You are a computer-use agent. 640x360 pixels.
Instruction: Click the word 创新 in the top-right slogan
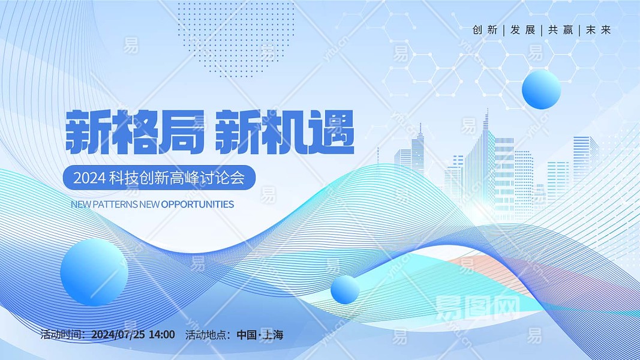click(485, 30)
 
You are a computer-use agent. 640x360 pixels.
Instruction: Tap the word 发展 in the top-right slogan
click(523, 30)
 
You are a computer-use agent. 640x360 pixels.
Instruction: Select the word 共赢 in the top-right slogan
click(561, 30)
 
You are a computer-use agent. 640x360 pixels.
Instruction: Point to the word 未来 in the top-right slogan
click(599, 30)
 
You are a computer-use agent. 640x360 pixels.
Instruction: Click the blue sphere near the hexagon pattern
click(541, 89)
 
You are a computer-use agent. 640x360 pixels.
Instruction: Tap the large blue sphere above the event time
click(94, 272)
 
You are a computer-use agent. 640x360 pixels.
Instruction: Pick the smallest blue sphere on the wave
click(345, 289)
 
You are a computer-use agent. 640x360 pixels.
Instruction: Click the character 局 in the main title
click(181, 132)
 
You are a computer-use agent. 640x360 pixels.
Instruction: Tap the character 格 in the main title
click(134, 132)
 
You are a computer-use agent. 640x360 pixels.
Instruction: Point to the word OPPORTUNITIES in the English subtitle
click(197, 204)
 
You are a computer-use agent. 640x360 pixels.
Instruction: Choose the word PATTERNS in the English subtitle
click(115, 204)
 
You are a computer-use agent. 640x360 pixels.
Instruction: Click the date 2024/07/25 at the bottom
click(118, 335)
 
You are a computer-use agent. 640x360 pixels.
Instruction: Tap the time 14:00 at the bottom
click(161, 335)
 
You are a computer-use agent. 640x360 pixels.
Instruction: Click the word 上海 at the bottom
click(273, 335)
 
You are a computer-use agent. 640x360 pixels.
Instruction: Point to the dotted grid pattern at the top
click(236, 39)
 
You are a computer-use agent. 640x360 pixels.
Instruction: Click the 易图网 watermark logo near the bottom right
click(477, 307)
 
